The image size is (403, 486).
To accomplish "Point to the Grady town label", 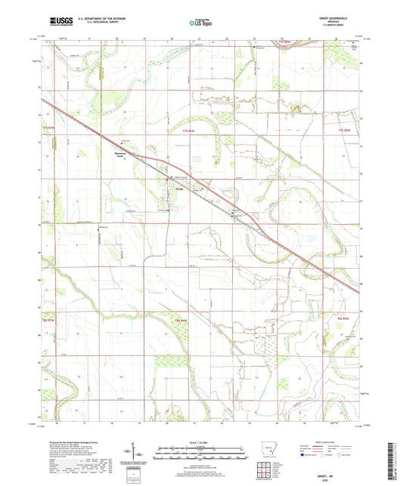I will click(180, 189).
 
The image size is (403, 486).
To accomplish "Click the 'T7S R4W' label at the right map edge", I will click(345, 131).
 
